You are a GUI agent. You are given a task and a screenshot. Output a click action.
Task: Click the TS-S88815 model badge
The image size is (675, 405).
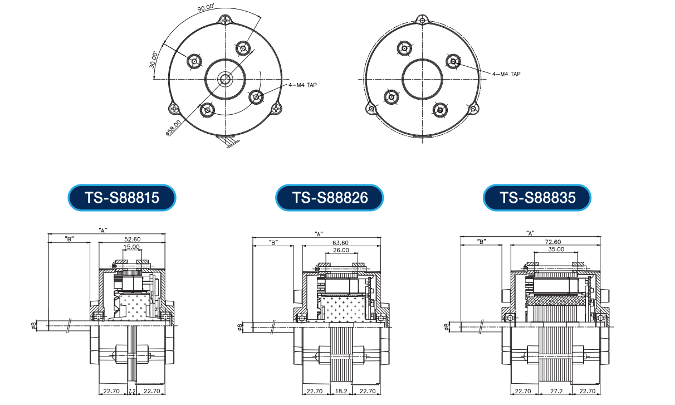pos(122,198)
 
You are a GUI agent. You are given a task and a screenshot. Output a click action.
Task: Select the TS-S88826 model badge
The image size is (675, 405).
pos(330,198)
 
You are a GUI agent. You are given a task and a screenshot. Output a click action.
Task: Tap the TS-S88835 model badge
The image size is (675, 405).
pos(537,198)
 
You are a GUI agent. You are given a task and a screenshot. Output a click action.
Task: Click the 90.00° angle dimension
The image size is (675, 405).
pos(206,8)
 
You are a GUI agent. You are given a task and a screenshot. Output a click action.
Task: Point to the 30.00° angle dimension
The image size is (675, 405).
pos(153,60)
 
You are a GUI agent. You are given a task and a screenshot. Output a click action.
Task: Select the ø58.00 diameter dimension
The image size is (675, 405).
pos(174,128)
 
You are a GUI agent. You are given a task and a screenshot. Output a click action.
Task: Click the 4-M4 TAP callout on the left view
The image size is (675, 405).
pos(303,85)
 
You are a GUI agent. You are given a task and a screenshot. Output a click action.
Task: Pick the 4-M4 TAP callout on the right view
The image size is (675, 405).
pos(507,74)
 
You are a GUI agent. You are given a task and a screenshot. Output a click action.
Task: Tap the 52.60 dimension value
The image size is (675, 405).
pos(133,239)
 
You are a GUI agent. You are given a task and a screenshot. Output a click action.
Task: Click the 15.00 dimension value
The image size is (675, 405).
pos(131,247)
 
